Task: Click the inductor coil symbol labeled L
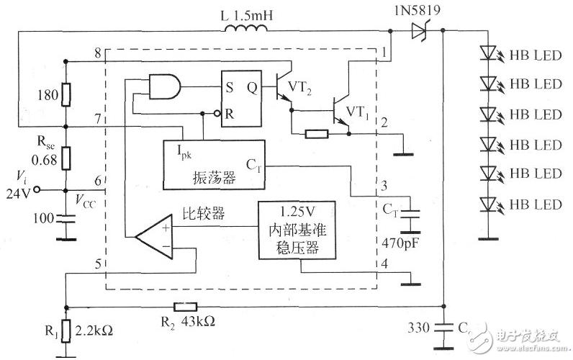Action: pyautogui.click(x=245, y=28)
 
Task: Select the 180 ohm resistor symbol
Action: pyautogui.click(x=66, y=94)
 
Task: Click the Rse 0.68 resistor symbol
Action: pyautogui.click(x=66, y=158)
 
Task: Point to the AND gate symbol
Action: pyautogui.click(x=165, y=86)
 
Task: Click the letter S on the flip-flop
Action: pyautogui.click(x=230, y=87)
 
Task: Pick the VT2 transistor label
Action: pyautogui.click(x=299, y=88)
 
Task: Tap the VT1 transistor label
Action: pyautogui.click(x=357, y=112)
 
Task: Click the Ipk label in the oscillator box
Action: pyautogui.click(x=184, y=151)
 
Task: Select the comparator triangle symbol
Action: pyautogui.click(x=154, y=236)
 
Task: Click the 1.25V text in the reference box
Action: pyautogui.click(x=297, y=212)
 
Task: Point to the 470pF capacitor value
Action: pyautogui.click(x=400, y=243)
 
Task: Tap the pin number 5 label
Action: pyautogui.click(x=98, y=264)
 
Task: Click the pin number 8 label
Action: pyautogui.click(x=98, y=53)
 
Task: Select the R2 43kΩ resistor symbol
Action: pyautogui.click(x=185, y=307)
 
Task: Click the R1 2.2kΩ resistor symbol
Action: pyautogui.click(x=66, y=330)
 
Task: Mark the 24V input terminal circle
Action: pyautogui.click(x=36, y=189)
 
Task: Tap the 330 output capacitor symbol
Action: pyautogui.click(x=443, y=327)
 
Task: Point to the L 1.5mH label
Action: pyautogui.click(x=247, y=15)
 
